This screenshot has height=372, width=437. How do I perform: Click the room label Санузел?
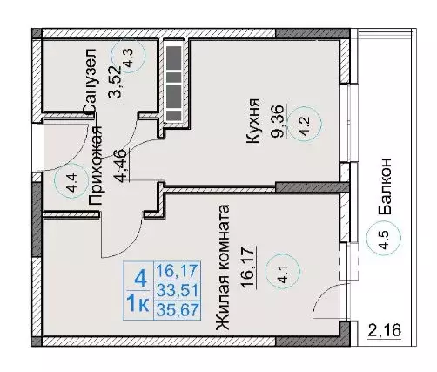tap(89, 80)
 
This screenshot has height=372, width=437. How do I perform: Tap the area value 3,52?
tap(114, 82)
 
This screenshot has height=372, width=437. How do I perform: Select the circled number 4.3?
tap(128, 56)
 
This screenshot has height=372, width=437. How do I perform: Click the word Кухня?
tap(252, 121)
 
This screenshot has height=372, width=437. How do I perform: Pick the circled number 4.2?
tap(306, 124)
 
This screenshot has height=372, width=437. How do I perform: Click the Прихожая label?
tap(96, 166)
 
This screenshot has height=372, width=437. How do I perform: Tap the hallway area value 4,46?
tap(122, 166)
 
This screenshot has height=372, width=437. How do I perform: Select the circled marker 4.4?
tap(71, 181)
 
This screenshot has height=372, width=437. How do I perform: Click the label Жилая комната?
tap(223, 267)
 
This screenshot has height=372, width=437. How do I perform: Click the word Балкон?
tap(386, 186)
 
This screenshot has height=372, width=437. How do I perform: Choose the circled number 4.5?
tap(384, 238)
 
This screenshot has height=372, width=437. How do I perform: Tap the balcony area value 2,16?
tap(385, 331)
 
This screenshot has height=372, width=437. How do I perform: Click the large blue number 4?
tap(140, 279)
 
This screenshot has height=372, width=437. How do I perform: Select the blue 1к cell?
tap(138, 305)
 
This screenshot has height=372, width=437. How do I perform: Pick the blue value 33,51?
tap(177, 290)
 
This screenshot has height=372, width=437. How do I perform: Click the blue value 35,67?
tap(177, 310)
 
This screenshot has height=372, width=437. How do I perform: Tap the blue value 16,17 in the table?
tap(177, 271)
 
